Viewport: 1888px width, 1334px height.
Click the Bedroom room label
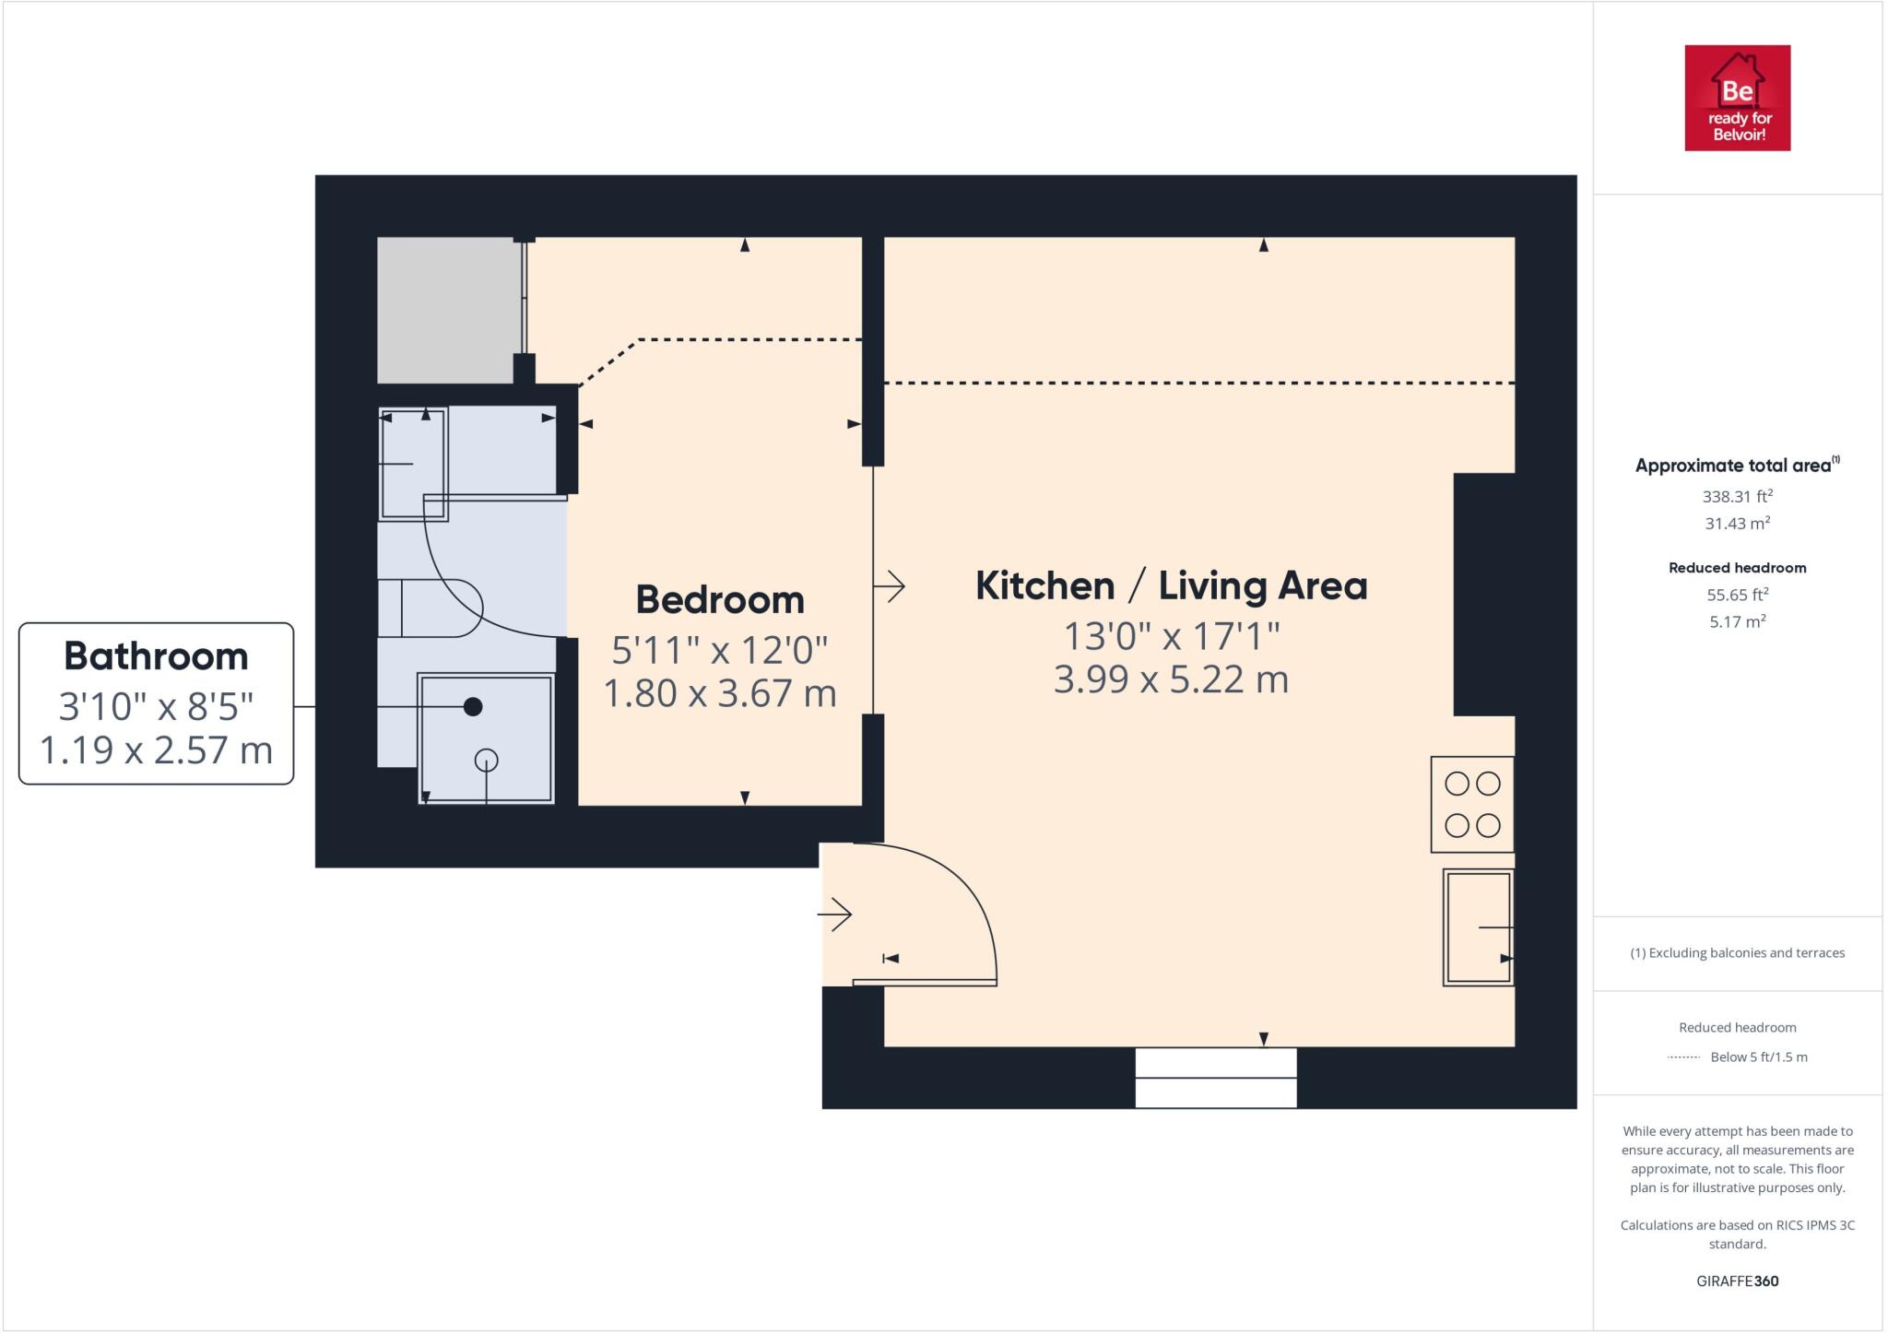pyautogui.click(x=720, y=600)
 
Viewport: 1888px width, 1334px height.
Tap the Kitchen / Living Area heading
pyautogui.click(x=1171, y=586)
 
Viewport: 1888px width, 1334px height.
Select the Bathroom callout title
pyautogui.click(x=156, y=656)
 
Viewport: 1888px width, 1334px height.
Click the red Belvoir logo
pyautogui.click(x=1738, y=98)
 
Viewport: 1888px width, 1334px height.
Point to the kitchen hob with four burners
pyautogui.click(x=1472, y=805)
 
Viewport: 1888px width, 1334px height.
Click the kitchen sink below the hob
pyautogui.click(x=1479, y=927)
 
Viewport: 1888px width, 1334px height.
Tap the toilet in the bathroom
pyautogui.click(x=430, y=608)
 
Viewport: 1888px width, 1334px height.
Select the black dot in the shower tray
pyautogui.click(x=473, y=707)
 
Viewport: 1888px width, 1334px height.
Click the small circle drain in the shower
pyautogui.click(x=486, y=761)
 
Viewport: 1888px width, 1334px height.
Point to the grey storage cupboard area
pyautogui.click(x=446, y=310)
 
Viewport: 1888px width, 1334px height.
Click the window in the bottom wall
pyautogui.click(x=1216, y=1078)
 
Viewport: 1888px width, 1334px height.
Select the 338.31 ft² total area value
pyautogui.click(x=1738, y=496)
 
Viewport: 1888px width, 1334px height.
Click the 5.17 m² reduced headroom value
pyautogui.click(x=1738, y=621)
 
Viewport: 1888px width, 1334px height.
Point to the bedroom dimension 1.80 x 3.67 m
pyautogui.click(x=720, y=693)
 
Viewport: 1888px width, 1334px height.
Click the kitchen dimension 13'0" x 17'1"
pyautogui.click(x=1172, y=636)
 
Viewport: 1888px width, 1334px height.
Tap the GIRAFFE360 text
pyautogui.click(x=1738, y=1281)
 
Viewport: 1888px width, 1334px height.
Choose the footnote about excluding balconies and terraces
pyautogui.click(x=1738, y=953)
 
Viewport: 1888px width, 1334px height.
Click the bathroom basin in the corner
pyautogui.click(x=413, y=464)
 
